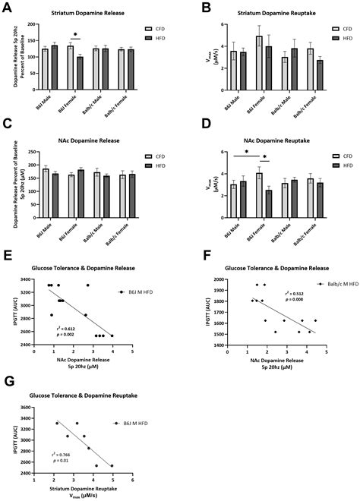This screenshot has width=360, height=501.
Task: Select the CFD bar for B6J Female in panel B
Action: pyautogui.click(x=259, y=58)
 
